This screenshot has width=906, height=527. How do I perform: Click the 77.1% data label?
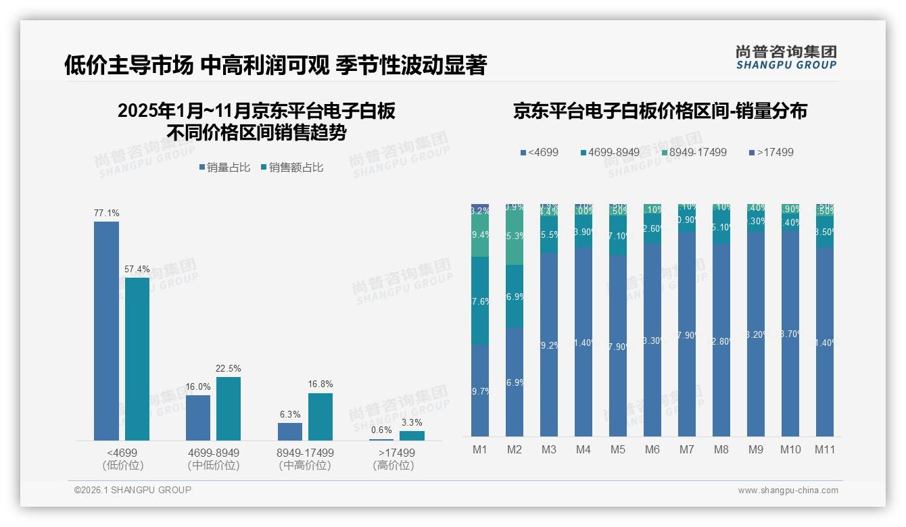106,214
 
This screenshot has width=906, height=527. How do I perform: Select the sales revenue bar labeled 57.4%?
137,358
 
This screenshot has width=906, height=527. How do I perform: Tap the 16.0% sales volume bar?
198,418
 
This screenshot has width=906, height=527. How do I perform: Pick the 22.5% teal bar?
229,408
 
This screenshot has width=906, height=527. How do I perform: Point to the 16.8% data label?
320,384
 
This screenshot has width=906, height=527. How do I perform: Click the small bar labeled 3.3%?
412,436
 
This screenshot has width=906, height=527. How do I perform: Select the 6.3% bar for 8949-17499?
290,432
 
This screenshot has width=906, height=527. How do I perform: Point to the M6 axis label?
652,450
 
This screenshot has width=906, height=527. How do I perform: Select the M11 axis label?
825,450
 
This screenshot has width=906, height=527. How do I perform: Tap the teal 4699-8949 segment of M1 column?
480,301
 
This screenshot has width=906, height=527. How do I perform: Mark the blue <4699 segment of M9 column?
756,334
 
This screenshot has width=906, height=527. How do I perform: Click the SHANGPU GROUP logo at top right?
786,57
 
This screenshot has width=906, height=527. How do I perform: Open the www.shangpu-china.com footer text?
788,491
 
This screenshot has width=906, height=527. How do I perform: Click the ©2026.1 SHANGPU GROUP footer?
133,490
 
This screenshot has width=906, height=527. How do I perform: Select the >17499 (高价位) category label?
394,459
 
